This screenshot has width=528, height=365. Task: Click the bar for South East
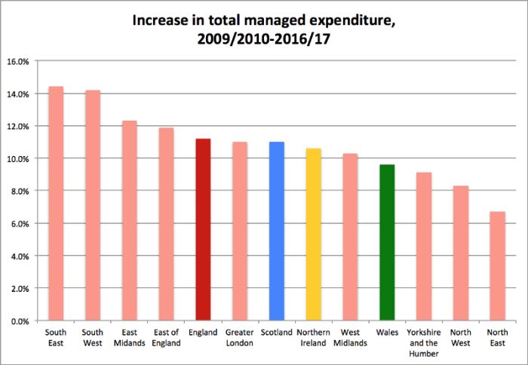click(56, 204)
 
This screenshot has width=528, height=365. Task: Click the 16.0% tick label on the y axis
click(18, 61)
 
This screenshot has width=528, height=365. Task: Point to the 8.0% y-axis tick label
click(20, 191)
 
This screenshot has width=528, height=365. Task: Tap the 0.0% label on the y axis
click(20, 321)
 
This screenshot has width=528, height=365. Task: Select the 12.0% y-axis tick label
click(18, 126)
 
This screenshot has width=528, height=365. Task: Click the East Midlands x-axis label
click(129, 337)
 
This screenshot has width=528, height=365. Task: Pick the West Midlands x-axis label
click(350, 337)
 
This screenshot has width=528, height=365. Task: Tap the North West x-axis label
click(460, 337)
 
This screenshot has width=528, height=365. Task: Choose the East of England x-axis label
click(166, 337)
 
